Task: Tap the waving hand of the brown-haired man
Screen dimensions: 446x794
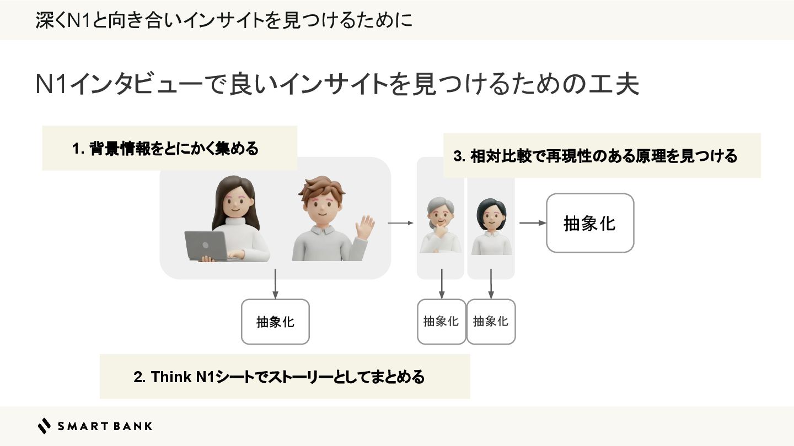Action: click(364, 227)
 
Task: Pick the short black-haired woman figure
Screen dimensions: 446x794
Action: click(491, 226)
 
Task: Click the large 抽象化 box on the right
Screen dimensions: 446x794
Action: click(589, 223)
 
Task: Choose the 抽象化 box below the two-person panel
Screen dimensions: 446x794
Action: click(275, 322)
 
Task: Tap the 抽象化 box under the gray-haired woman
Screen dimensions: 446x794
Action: click(441, 322)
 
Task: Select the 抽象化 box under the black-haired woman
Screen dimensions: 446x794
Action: click(491, 322)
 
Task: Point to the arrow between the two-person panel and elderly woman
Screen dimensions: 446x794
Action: click(400, 223)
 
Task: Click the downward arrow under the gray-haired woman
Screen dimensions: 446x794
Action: click(441, 284)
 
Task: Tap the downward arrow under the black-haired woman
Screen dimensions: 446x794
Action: click(491, 284)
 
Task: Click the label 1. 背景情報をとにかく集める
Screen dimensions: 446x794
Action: click(165, 149)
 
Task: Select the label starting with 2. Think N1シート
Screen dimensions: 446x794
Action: click(279, 377)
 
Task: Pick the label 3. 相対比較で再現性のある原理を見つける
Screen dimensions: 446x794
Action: click(595, 156)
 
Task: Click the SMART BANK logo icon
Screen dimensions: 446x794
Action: click(44, 426)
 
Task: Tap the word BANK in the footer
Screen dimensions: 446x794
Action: click(135, 426)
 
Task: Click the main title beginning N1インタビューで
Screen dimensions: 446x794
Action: click(336, 85)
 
